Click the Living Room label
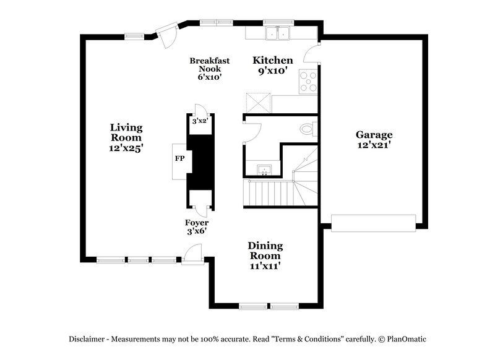pos(126,132)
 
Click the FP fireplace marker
pos(179,159)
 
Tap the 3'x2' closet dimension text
pos(199,121)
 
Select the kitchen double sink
pos(278,33)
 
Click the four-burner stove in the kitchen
pos(308,82)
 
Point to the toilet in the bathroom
pos(308,129)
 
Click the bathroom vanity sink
pos(264,169)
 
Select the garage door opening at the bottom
pos(373,223)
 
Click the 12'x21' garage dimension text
pos(374,145)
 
